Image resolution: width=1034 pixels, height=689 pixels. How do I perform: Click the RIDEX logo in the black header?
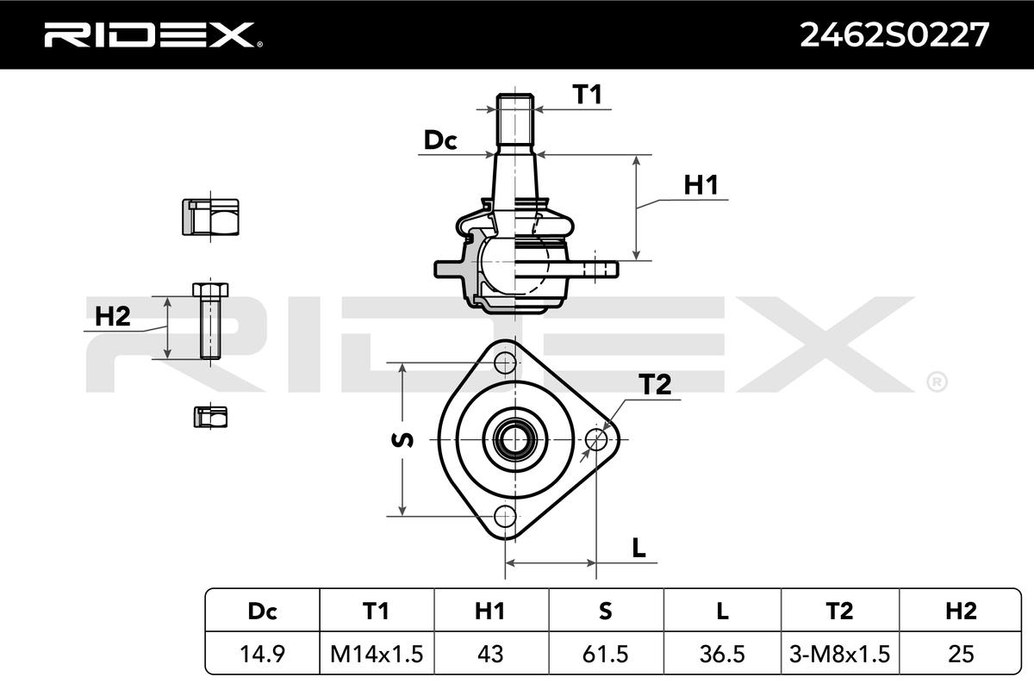click(153, 35)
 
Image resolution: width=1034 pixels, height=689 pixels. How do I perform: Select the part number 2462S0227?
click(894, 35)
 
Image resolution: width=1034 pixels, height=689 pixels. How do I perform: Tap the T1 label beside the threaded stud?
click(587, 94)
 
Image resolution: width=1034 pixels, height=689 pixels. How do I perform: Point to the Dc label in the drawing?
click(440, 140)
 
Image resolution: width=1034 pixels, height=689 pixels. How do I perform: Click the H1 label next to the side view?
click(701, 185)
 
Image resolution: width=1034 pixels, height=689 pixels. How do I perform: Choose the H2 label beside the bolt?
click(113, 317)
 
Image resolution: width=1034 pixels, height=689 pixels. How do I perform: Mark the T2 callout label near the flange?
click(655, 384)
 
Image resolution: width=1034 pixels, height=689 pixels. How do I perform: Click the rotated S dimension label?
click(402, 440)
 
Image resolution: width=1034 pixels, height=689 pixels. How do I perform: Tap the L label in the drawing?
click(638, 548)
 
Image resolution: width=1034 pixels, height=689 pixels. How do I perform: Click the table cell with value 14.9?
click(262, 654)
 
